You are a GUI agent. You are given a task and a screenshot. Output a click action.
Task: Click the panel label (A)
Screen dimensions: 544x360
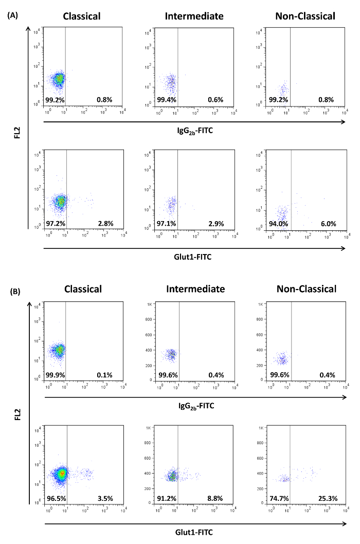pos(14,16)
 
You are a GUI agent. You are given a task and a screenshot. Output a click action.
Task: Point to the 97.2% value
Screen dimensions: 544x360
pos(55,224)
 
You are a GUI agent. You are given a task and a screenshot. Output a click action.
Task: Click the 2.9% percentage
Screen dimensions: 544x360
pos(215,224)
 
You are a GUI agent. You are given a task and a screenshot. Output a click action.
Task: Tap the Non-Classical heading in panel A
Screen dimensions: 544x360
pos(305,16)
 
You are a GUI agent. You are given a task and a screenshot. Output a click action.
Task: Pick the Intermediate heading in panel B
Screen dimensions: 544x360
pos(195,289)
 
